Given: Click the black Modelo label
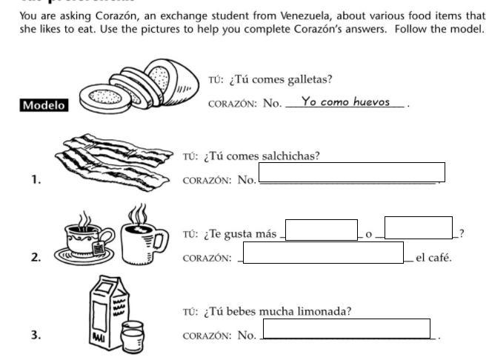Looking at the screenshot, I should pos(44,105).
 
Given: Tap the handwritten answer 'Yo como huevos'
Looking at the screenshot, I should pos(345,102).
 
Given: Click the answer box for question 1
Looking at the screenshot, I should pos(351,172).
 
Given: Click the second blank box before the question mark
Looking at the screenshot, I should pos(418,227).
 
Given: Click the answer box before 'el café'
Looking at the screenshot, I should pos(323,253).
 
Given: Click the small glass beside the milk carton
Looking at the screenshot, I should pos(133,337).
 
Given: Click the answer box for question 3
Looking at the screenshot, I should pos(346,329).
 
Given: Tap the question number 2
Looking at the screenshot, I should pos(36,258).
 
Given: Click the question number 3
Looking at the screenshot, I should pos(36,335).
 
